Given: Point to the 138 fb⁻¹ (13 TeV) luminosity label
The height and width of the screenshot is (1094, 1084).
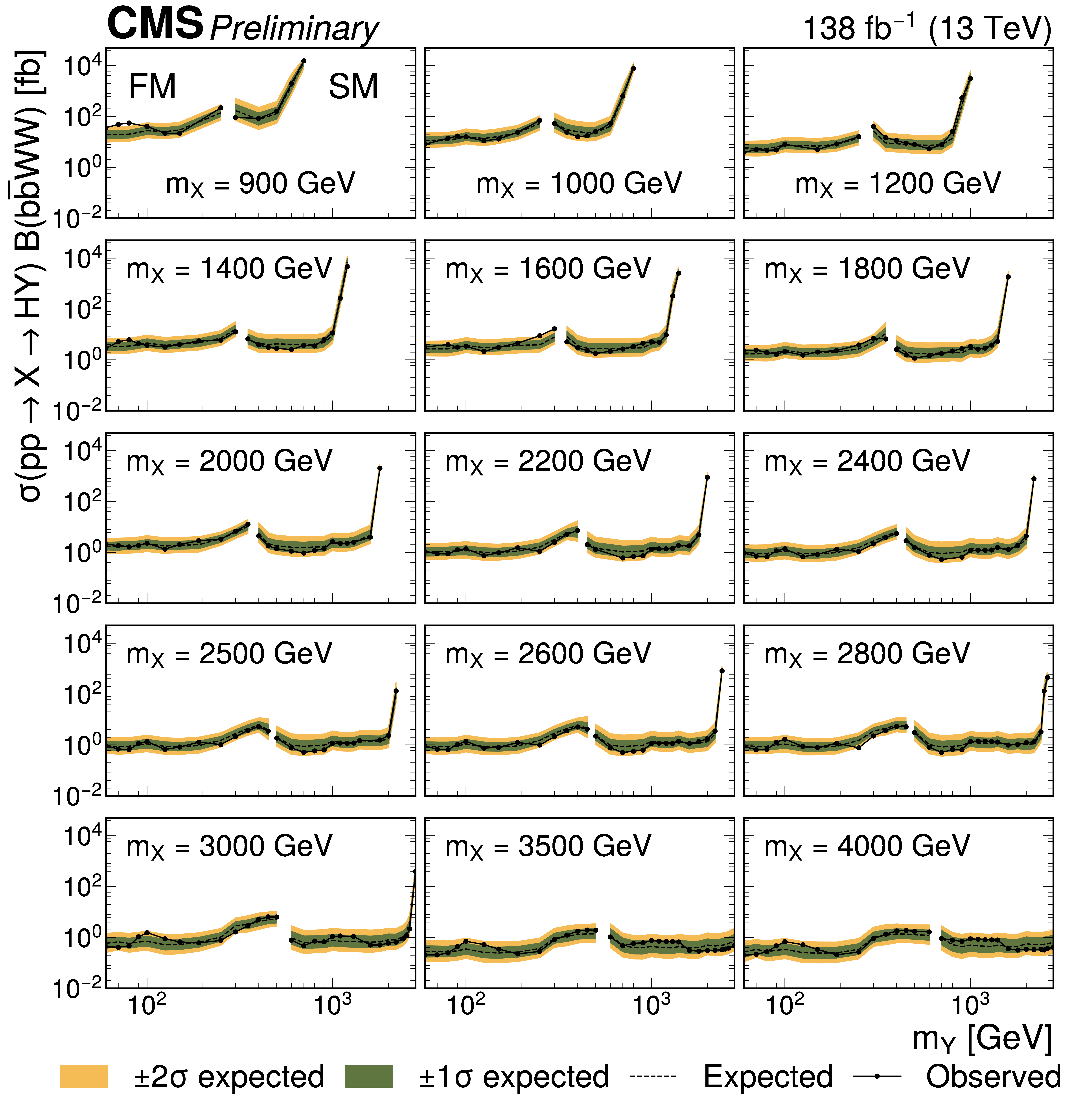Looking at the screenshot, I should point(927,28).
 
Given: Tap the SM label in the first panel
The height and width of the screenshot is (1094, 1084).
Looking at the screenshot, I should point(353,87).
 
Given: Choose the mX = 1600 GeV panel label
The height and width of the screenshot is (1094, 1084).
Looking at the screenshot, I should point(548,269).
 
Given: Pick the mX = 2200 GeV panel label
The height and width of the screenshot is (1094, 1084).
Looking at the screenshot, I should point(548,462).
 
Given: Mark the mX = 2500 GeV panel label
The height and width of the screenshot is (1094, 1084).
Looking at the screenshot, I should point(229,654).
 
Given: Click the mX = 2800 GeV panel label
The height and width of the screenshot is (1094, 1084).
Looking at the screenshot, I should point(867,654).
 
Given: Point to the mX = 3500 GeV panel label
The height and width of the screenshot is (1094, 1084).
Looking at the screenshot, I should point(548,846).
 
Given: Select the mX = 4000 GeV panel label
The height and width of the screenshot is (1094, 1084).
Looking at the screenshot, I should point(867,846).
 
